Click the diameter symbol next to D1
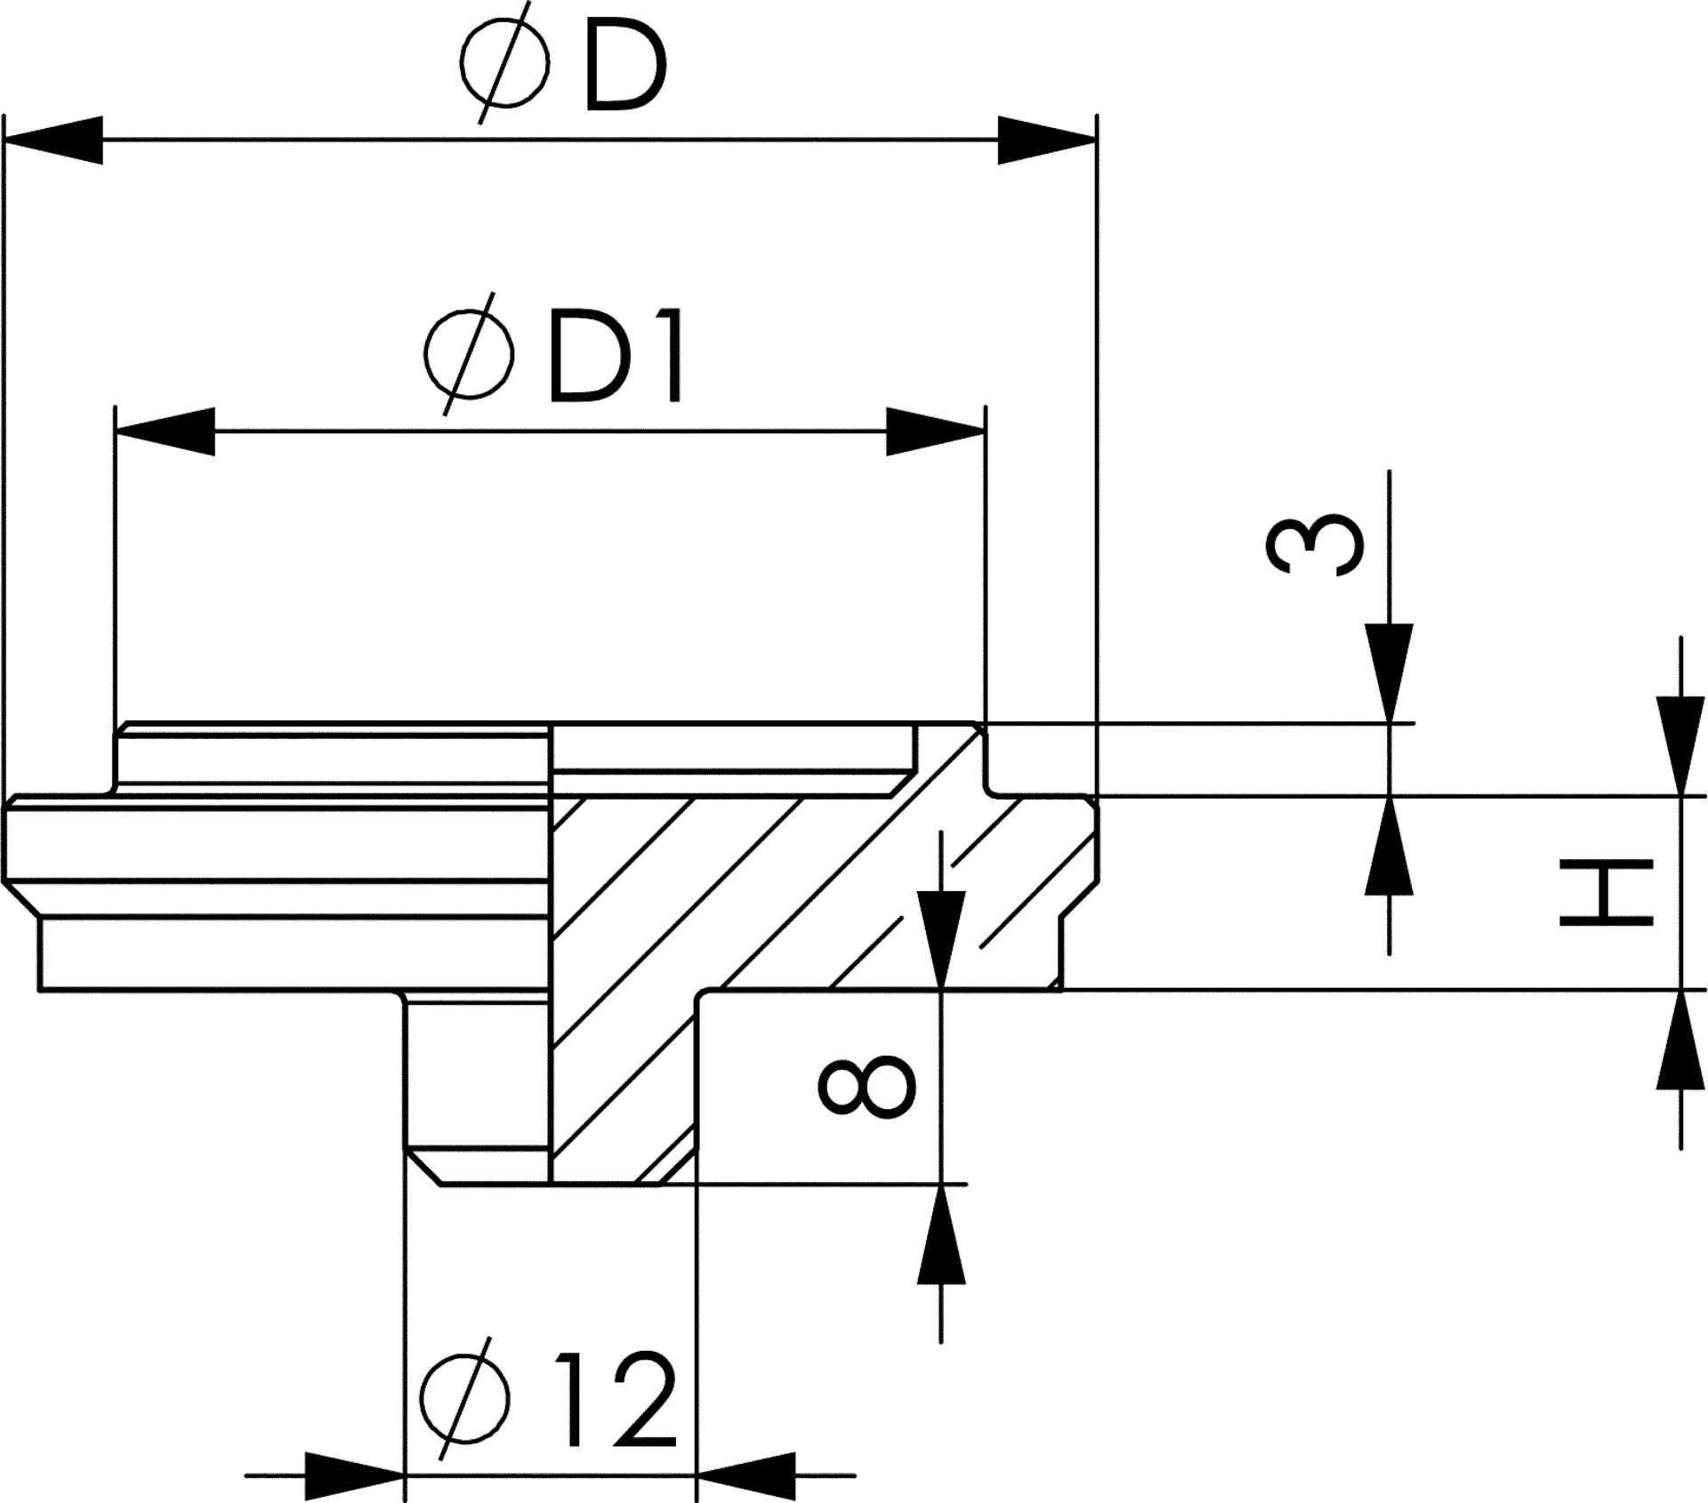point(469,353)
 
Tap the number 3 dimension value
point(1313,544)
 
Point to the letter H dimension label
point(1606,892)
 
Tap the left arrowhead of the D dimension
point(53,140)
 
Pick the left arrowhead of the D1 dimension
point(165,431)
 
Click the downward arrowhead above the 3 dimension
point(1390,671)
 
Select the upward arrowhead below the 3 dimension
point(1390,845)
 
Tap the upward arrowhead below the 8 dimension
point(941,1232)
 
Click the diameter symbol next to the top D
point(504,62)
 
